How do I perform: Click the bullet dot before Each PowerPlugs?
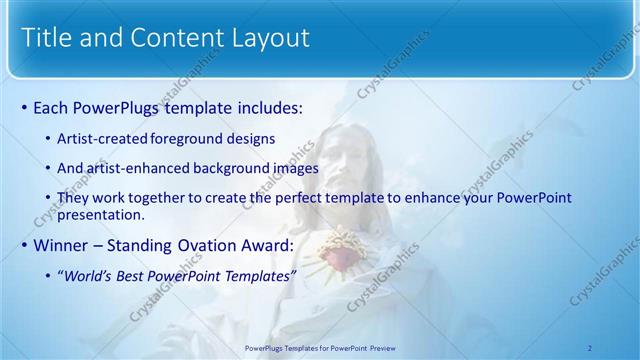click(x=24, y=106)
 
